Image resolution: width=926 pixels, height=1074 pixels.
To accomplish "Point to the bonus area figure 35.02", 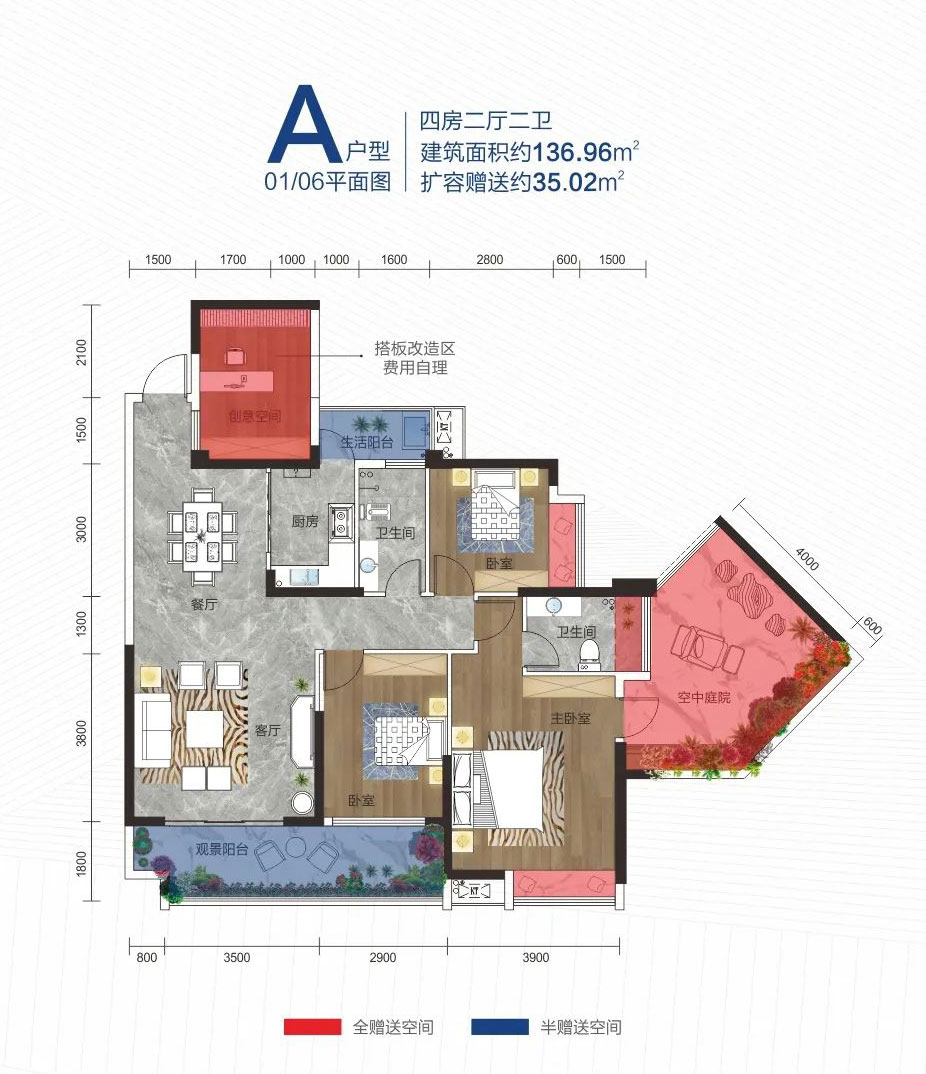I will pos(566,183).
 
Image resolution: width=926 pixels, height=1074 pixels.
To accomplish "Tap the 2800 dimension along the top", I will pos(490,260).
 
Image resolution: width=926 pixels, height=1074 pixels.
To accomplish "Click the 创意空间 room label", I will pos(254,415).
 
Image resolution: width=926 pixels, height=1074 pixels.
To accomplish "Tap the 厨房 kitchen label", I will pos(305,521).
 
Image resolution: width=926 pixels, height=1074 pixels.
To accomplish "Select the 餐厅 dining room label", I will pos(204,604).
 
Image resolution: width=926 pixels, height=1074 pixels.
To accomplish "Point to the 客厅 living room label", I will pos(267,731).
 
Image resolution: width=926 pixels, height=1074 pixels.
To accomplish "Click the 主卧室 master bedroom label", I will pos(571,718).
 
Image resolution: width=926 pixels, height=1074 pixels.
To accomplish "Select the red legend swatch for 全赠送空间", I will pos(308,1027).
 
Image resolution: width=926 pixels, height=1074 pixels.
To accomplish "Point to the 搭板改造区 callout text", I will pos(415,349).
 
